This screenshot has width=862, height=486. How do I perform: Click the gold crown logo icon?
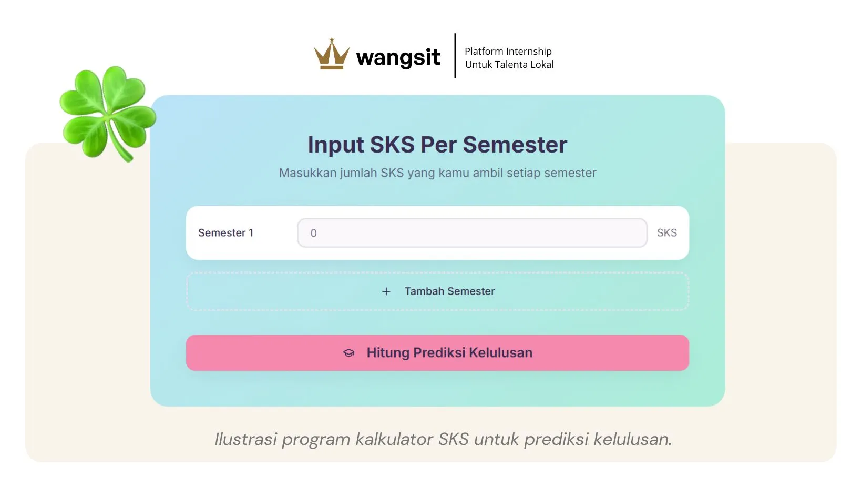331,56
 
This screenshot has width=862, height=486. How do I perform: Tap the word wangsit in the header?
398,57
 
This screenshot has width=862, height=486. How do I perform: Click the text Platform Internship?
508,51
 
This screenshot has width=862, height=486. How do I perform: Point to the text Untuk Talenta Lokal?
509,64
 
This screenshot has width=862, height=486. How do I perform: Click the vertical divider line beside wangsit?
455,56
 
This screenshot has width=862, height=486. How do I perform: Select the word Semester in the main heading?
515,145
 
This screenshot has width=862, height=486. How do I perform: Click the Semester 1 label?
225,232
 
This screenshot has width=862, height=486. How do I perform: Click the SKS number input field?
471,233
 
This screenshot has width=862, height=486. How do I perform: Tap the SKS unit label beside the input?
666,232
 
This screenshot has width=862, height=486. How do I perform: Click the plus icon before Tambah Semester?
386,291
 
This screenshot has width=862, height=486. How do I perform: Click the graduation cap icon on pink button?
349,353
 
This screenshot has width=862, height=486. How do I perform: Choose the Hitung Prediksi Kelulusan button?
437,353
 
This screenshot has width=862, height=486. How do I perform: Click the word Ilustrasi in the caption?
245,439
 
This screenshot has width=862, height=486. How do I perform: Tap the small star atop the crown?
332,39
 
